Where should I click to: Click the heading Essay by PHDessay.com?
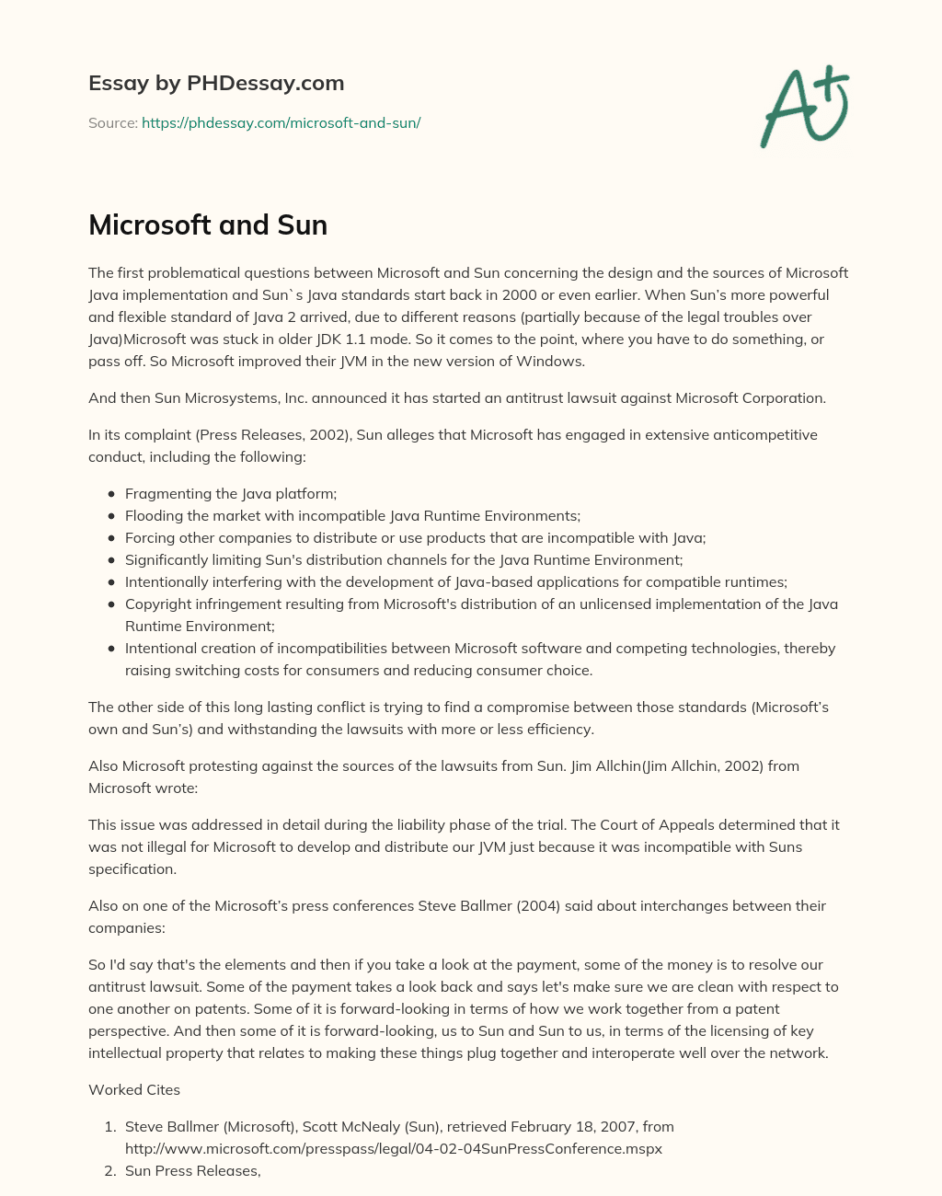[x=216, y=83]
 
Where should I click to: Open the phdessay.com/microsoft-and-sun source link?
[x=281, y=122]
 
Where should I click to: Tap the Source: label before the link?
[x=112, y=122]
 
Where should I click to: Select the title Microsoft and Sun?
[x=208, y=224]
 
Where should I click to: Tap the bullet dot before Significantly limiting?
[x=111, y=559]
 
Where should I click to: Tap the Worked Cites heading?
[x=134, y=1089]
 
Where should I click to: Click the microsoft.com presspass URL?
[x=393, y=1148]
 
